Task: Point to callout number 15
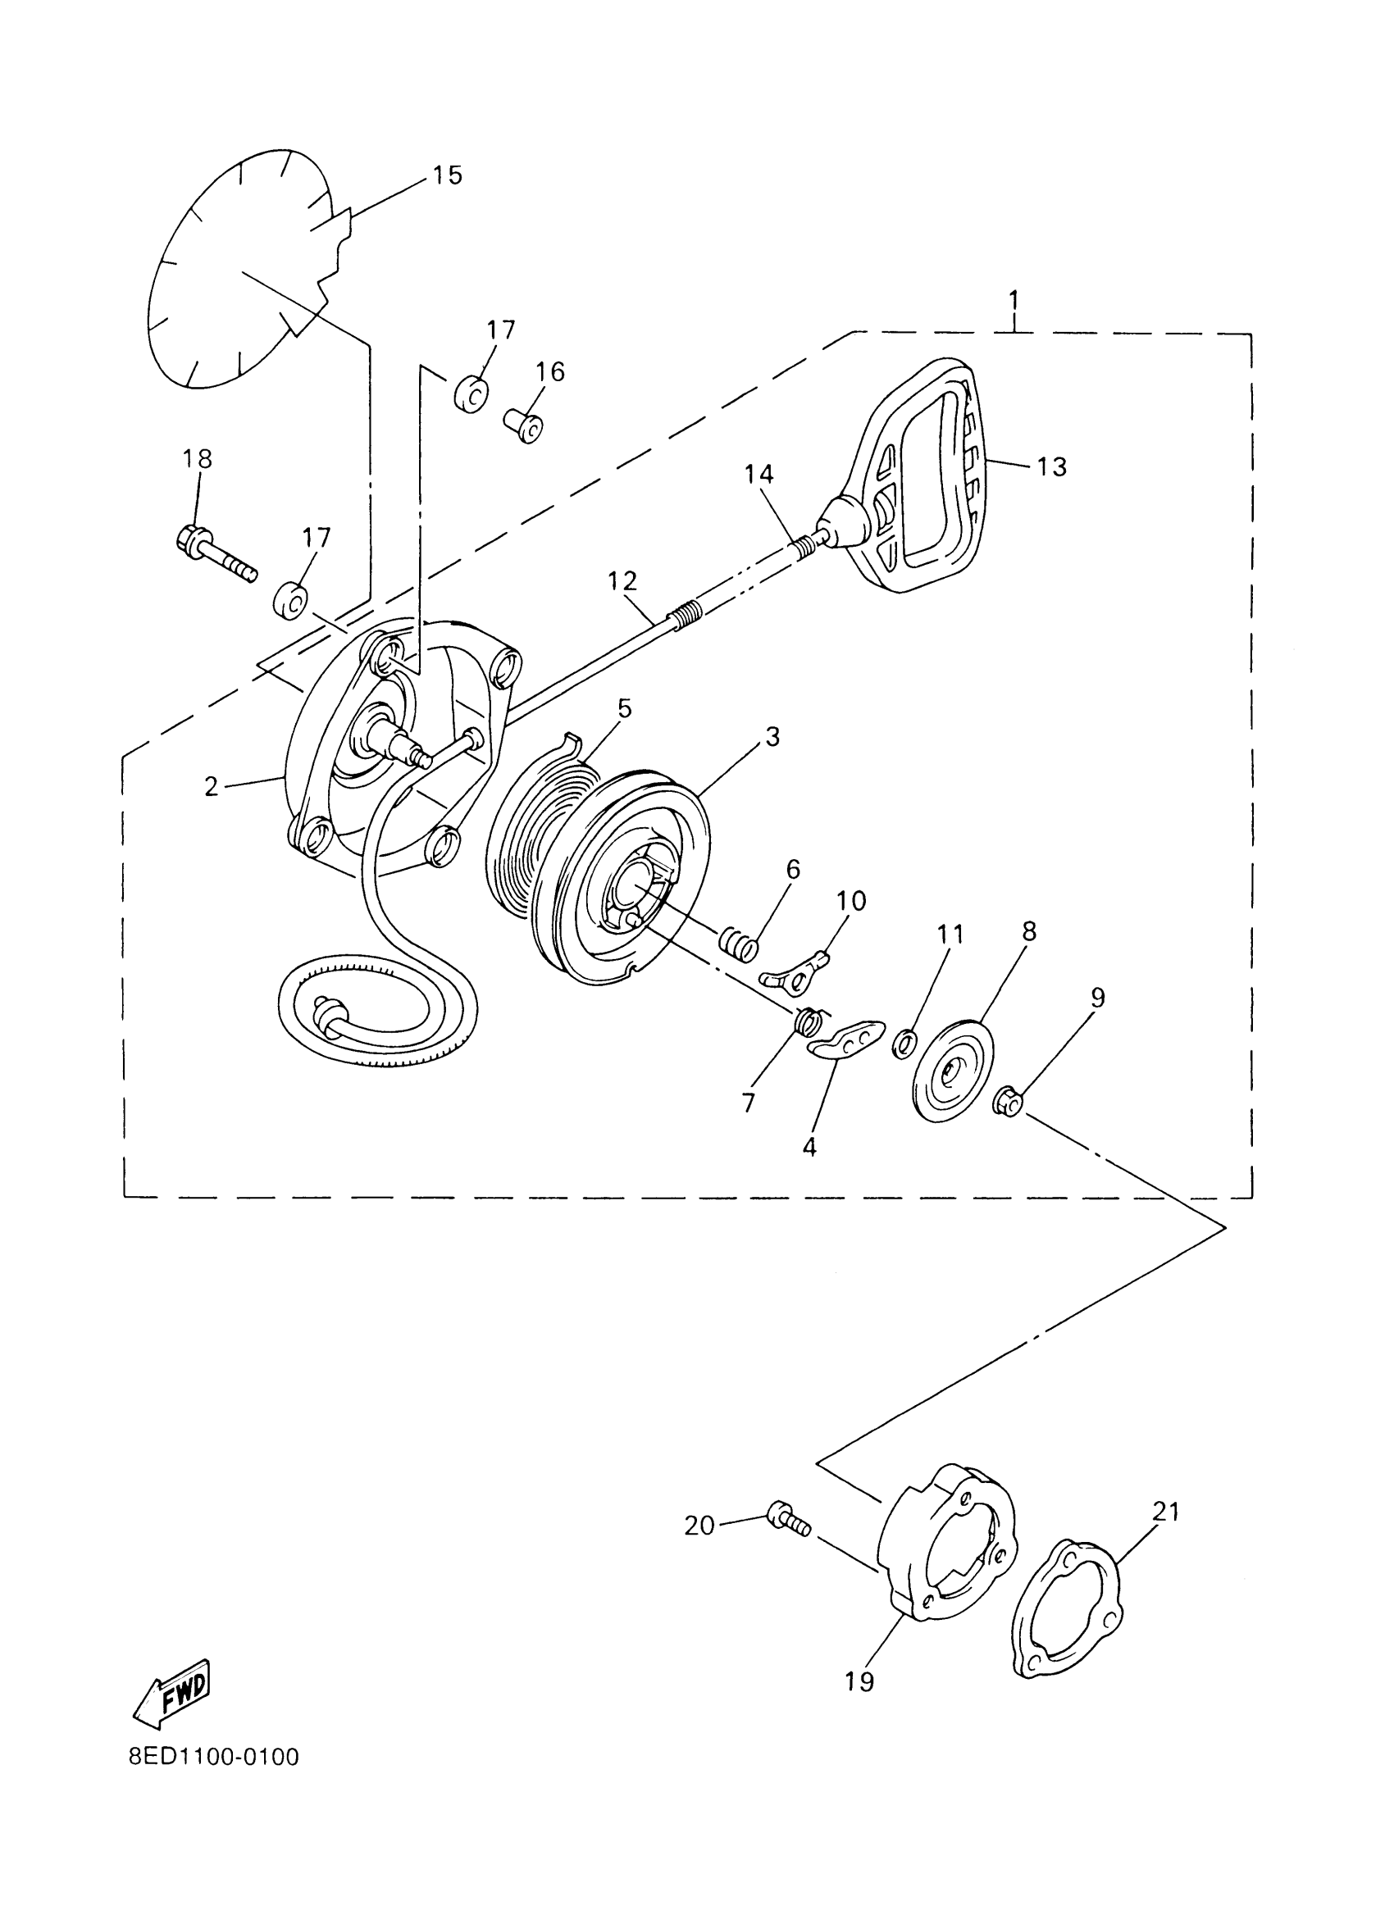(447, 175)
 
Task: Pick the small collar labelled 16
(524, 425)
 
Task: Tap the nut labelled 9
(1008, 1100)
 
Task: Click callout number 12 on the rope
(622, 581)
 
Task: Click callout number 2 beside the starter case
(212, 786)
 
